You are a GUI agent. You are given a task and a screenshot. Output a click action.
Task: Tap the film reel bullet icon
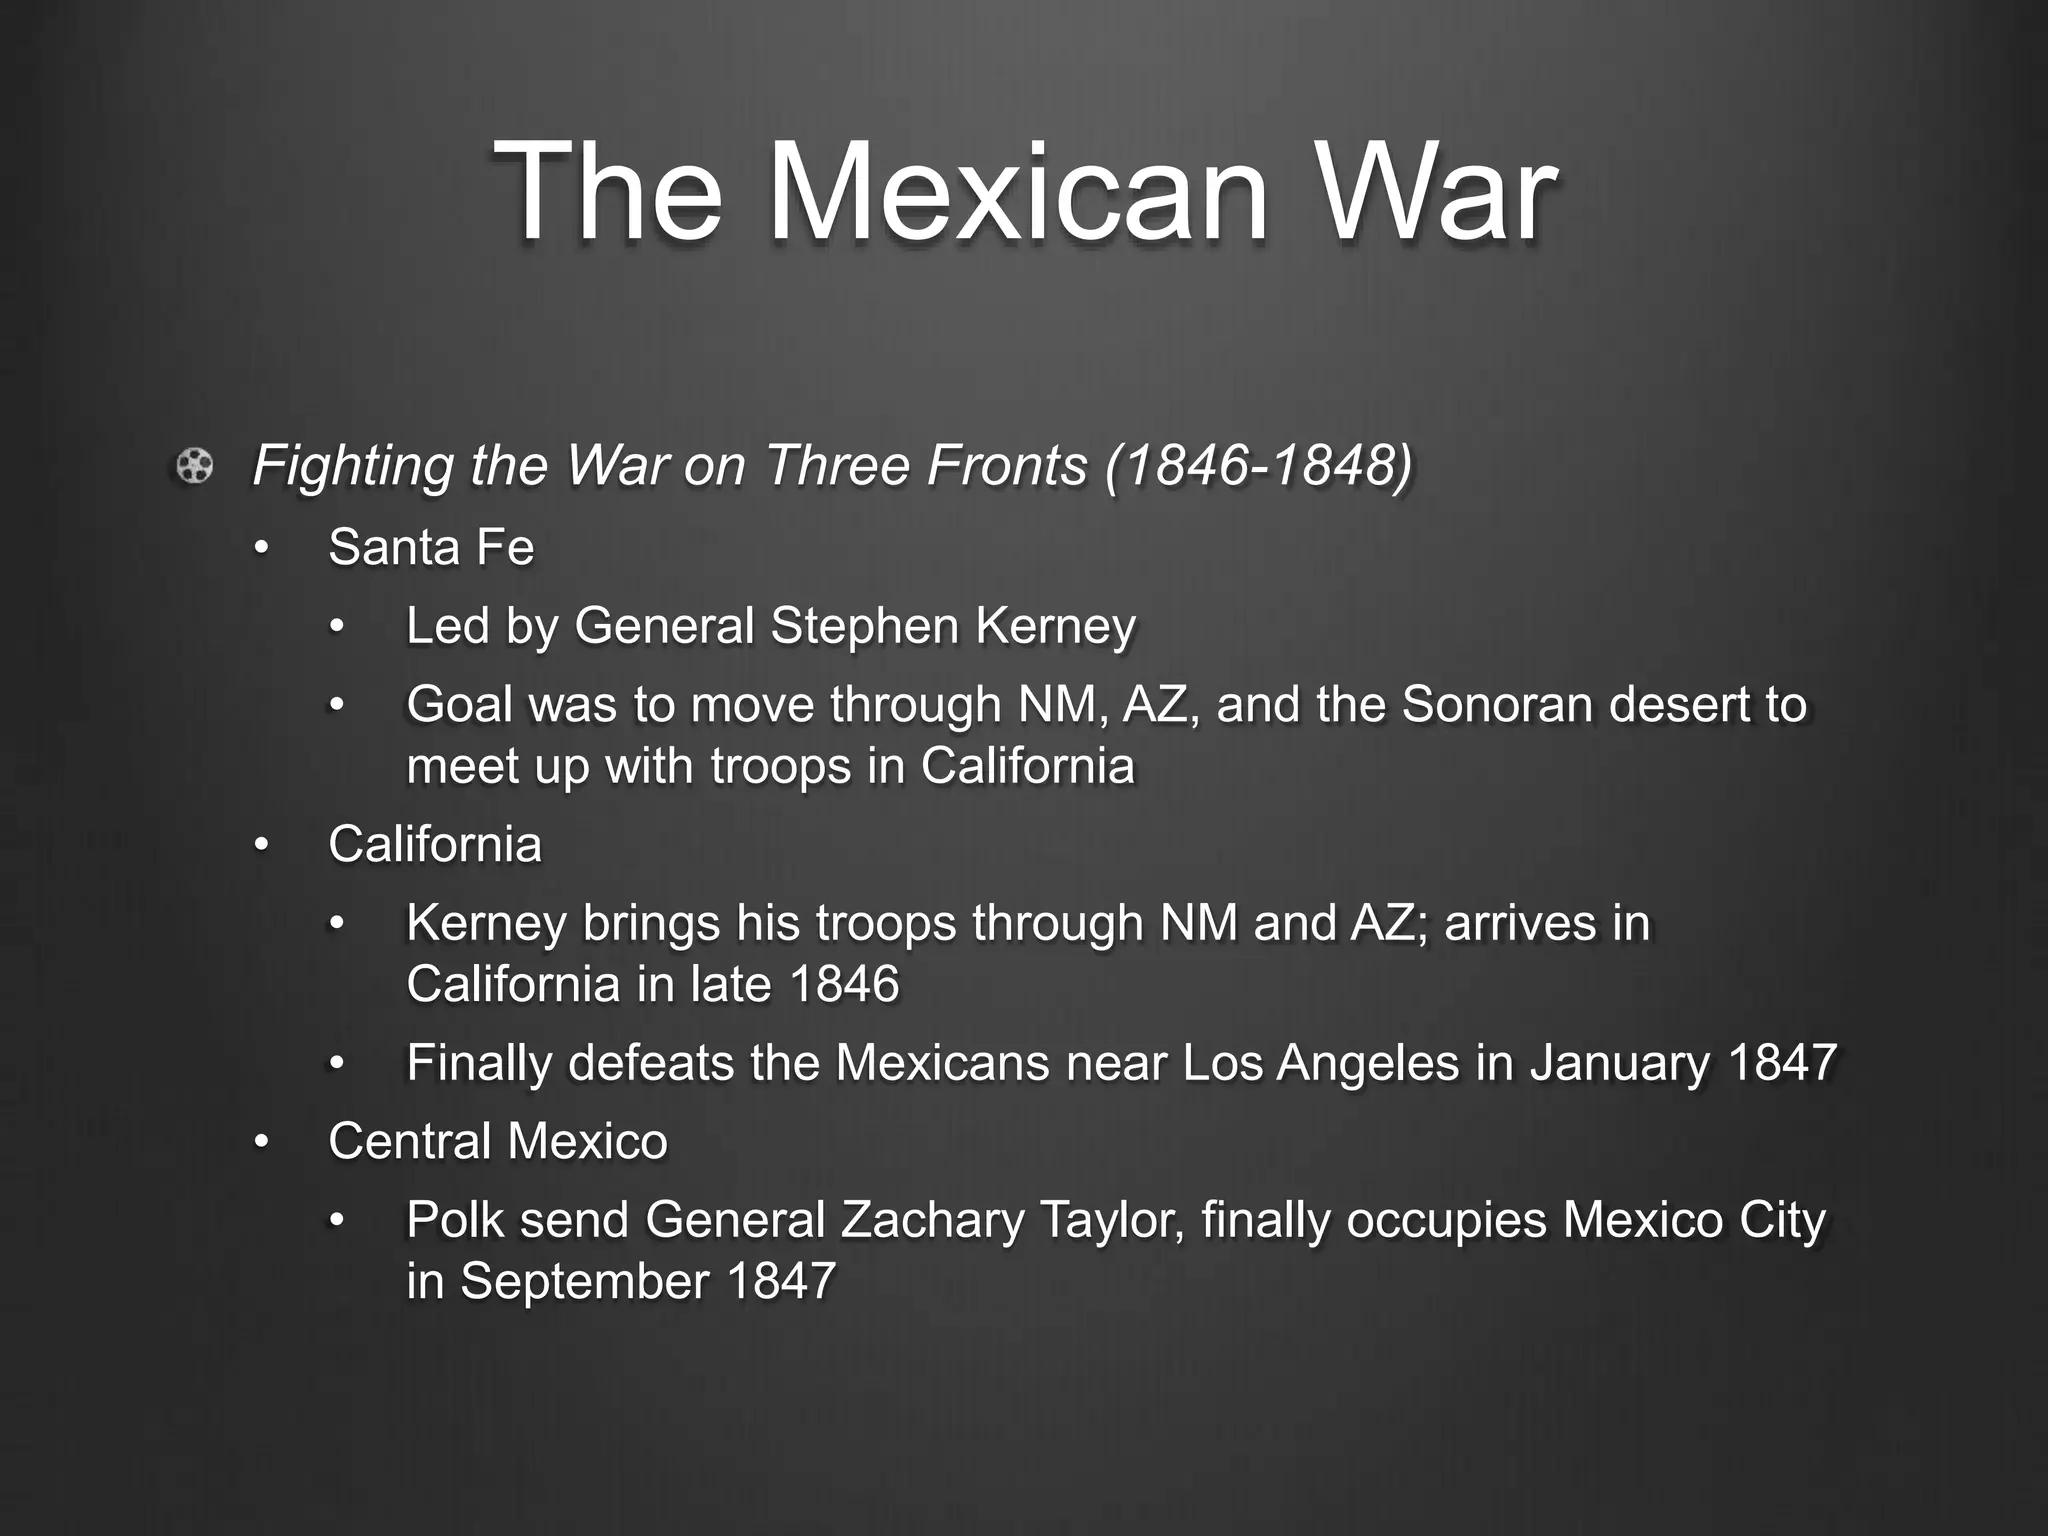click(194, 466)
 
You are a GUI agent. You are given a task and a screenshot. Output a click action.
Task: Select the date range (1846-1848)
click(1260, 465)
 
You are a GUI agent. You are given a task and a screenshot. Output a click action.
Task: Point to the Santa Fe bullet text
click(431, 547)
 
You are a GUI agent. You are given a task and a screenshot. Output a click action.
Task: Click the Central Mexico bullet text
click(497, 1141)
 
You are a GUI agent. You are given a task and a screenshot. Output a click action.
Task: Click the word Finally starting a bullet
click(479, 1062)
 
